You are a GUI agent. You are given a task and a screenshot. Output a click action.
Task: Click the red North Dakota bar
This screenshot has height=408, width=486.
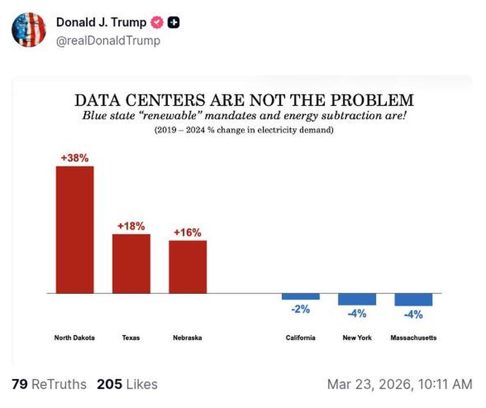coord(75,230)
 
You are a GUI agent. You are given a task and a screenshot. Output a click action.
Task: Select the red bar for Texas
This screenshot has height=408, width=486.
coord(131,263)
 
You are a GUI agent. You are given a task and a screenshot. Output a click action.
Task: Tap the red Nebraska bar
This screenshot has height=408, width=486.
coord(187,267)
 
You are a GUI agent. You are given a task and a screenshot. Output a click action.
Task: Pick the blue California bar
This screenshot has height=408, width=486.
coord(300,296)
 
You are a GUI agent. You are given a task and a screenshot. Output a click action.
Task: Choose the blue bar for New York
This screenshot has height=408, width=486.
coord(357,299)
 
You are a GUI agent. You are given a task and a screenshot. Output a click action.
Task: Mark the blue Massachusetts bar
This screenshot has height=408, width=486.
coord(413,300)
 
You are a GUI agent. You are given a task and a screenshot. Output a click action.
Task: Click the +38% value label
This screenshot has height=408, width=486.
coord(75,157)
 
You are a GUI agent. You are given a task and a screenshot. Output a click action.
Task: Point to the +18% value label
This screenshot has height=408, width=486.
coord(131,225)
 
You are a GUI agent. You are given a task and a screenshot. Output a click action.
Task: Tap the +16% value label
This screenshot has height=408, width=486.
coord(187,232)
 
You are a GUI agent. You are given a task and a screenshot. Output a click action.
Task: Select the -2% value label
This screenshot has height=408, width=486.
coord(300,309)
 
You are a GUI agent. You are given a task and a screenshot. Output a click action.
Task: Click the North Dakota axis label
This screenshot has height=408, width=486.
coord(75,338)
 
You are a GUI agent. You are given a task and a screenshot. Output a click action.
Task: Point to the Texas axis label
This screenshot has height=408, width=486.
coord(131,338)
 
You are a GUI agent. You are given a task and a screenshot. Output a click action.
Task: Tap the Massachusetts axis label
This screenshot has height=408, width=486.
coord(413,338)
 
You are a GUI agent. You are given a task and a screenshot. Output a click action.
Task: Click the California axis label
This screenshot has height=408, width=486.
coord(300,338)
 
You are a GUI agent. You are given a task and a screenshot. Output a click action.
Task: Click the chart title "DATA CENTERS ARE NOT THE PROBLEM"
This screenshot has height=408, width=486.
coord(244,99)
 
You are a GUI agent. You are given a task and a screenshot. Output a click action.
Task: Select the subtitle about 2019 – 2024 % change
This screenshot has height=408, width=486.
coord(244,130)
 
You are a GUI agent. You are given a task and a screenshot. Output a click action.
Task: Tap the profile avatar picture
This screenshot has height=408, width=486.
coord(28,29)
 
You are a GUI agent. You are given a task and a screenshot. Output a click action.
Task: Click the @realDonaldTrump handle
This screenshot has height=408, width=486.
coord(108,41)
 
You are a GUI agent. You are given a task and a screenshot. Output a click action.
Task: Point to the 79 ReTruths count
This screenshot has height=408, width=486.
coord(49,384)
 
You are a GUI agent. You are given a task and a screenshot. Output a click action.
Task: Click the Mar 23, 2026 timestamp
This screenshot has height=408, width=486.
coord(399,384)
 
